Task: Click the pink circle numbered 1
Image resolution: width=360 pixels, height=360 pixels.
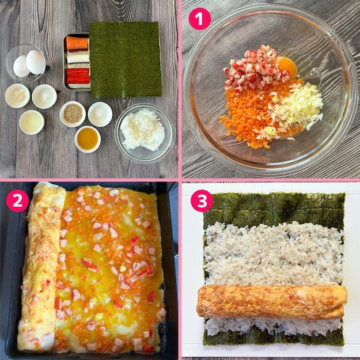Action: point(199,19)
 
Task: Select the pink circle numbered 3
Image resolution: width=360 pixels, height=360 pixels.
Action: point(202,200)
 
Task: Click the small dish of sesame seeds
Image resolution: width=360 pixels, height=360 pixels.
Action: point(73,114)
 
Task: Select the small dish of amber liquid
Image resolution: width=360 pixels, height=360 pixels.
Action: point(88,139)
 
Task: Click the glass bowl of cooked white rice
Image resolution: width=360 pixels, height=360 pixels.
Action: point(144,133)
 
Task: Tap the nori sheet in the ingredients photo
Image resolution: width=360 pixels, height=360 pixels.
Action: point(125,59)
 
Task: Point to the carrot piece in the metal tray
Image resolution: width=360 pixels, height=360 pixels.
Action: point(77,43)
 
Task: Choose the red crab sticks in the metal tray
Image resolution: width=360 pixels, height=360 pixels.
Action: point(78,76)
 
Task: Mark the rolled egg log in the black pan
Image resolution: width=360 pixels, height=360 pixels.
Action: point(41,266)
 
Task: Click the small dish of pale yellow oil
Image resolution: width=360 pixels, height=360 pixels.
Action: point(32,122)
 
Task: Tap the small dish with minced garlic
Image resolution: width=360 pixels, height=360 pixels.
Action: point(17,96)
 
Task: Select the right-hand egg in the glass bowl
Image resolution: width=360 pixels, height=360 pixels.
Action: point(36,62)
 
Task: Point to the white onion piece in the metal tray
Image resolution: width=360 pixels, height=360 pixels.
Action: point(78,58)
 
